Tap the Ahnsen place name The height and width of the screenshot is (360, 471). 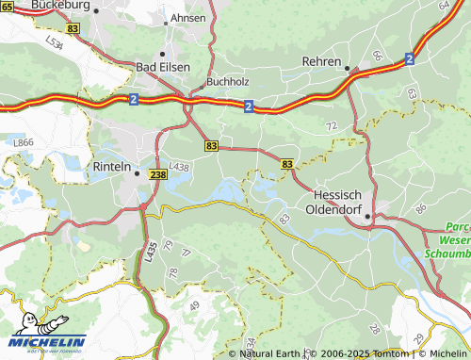tap(188, 19)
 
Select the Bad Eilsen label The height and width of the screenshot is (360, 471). tap(163, 67)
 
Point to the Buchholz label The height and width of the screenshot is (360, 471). tap(226, 81)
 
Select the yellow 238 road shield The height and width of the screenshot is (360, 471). tap(157, 174)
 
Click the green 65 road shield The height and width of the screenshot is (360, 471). tap(7, 7)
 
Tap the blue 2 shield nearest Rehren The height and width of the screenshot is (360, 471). tap(410, 58)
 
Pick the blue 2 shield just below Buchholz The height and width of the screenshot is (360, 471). tap(247, 106)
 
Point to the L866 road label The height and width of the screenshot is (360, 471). tap(24, 140)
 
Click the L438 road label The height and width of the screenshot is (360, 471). tap(180, 167)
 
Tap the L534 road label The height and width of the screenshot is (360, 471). tap(54, 42)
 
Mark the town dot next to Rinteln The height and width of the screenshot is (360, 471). tap(138, 172)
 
